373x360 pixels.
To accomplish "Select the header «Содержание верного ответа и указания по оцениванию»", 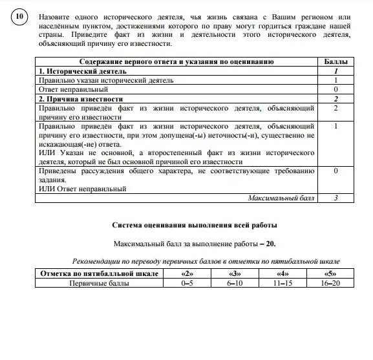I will pyautogui.click(x=176, y=61).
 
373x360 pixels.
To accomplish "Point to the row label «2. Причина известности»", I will pyautogui.click(x=80, y=99).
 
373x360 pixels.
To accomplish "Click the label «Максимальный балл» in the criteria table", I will pyautogui.click(x=281, y=198).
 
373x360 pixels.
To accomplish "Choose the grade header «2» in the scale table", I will pyautogui.click(x=187, y=274).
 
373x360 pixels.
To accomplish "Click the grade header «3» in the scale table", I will pyautogui.click(x=234, y=274).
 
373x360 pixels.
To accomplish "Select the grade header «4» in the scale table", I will pyautogui.click(x=280, y=274).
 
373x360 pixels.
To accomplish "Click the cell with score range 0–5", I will pyautogui.click(x=187, y=283).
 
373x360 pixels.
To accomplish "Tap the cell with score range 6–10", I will pyautogui.click(x=234, y=283).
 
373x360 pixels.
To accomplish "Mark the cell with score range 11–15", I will pyautogui.click(x=280, y=283).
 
